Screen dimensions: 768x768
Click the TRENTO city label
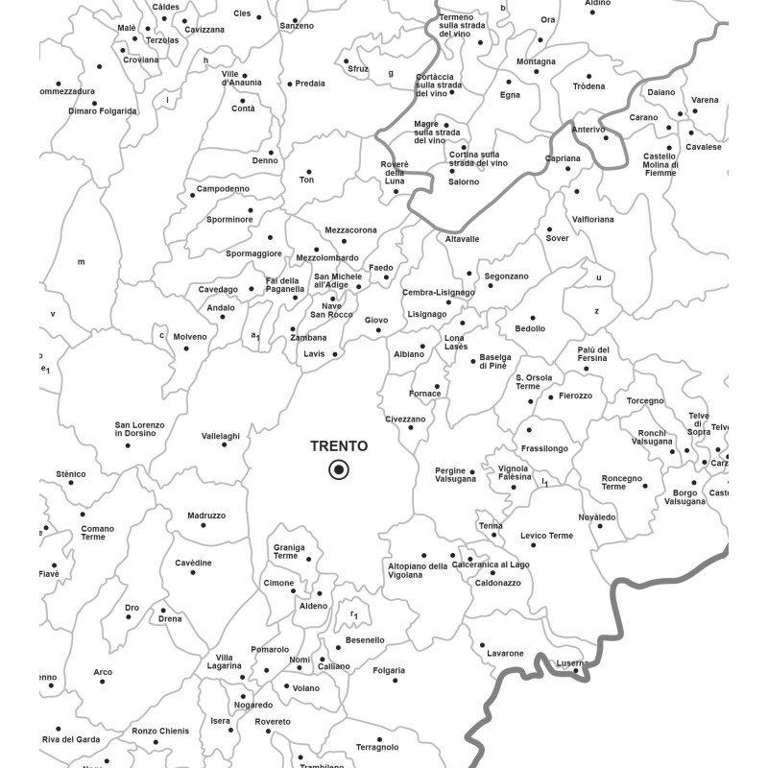(x=338, y=446)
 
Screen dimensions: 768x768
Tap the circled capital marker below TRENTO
(x=338, y=469)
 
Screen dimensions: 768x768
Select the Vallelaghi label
(x=221, y=436)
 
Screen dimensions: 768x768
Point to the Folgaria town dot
(x=395, y=681)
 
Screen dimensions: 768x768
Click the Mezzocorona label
(x=350, y=230)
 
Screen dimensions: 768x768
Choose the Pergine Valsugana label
(x=456, y=475)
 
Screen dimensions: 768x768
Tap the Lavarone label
(x=505, y=654)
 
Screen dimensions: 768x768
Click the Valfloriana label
(x=592, y=220)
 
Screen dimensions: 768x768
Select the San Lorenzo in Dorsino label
(x=140, y=429)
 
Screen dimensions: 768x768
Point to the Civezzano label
(x=405, y=420)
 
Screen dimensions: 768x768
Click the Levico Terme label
(x=546, y=536)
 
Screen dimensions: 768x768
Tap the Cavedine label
(x=193, y=563)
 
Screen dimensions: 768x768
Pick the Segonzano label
(x=506, y=276)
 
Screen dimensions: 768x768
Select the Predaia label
(x=310, y=84)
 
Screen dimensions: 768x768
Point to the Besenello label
(x=365, y=640)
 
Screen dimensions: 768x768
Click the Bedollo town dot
(x=534, y=318)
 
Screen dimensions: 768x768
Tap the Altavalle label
(x=462, y=239)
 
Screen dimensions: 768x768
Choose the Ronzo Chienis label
(x=160, y=732)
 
